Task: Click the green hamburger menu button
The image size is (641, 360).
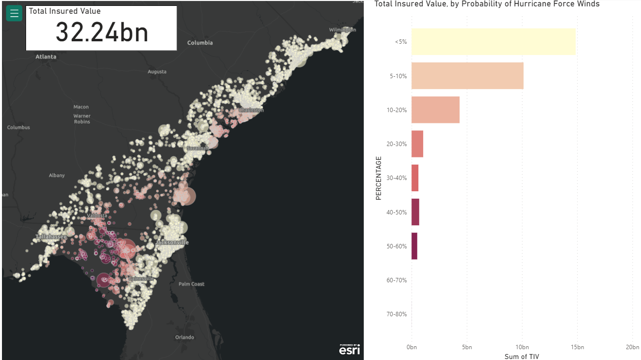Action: [14, 13]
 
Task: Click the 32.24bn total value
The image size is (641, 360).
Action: [102, 32]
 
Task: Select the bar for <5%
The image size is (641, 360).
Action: [493, 42]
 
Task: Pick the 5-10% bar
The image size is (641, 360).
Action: [467, 76]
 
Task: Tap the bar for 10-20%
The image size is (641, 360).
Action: [435, 110]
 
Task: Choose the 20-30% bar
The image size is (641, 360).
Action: [417, 144]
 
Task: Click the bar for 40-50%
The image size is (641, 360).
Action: [415, 212]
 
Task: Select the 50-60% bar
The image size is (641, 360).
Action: [414, 246]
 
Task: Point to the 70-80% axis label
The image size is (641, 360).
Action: [397, 314]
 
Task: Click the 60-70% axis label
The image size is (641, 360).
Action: [397, 280]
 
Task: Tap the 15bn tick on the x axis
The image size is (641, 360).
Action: [577, 347]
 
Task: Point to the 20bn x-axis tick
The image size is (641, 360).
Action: [632, 347]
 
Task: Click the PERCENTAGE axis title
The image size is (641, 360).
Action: [379, 178]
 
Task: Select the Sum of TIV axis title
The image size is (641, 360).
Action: [522, 356]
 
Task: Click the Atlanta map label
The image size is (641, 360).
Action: [46, 57]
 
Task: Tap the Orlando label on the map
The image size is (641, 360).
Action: [185, 337]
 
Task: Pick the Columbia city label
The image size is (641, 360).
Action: [200, 43]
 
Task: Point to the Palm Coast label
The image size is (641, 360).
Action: [191, 284]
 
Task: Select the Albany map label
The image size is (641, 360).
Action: [57, 176]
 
